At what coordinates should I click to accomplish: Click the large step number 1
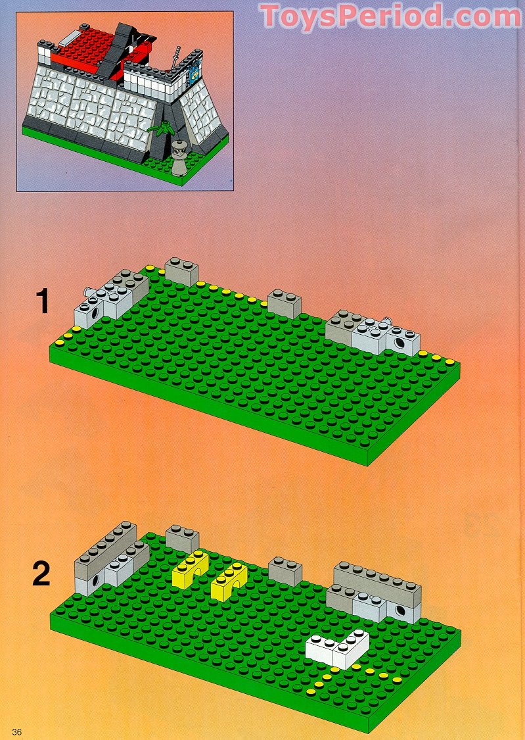pos(42,302)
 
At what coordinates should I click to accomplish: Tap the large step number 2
pos(41,574)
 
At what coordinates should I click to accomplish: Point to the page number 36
pos(17,732)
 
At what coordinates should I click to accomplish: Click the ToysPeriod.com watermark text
pos(390,16)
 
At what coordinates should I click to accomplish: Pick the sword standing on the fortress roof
pos(176,59)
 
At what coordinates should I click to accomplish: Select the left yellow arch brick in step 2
pos(190,570)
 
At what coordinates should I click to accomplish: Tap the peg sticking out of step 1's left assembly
pos(85,290)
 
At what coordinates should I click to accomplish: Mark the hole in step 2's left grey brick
pos(97,581)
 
